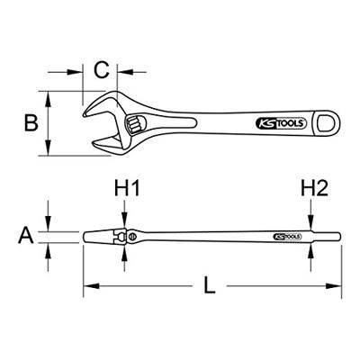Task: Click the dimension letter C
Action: [x=102, y=69]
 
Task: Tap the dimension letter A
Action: [x=27, y=236]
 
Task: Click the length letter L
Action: [x=208, y=288]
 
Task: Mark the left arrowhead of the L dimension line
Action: [x=88, y=288]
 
